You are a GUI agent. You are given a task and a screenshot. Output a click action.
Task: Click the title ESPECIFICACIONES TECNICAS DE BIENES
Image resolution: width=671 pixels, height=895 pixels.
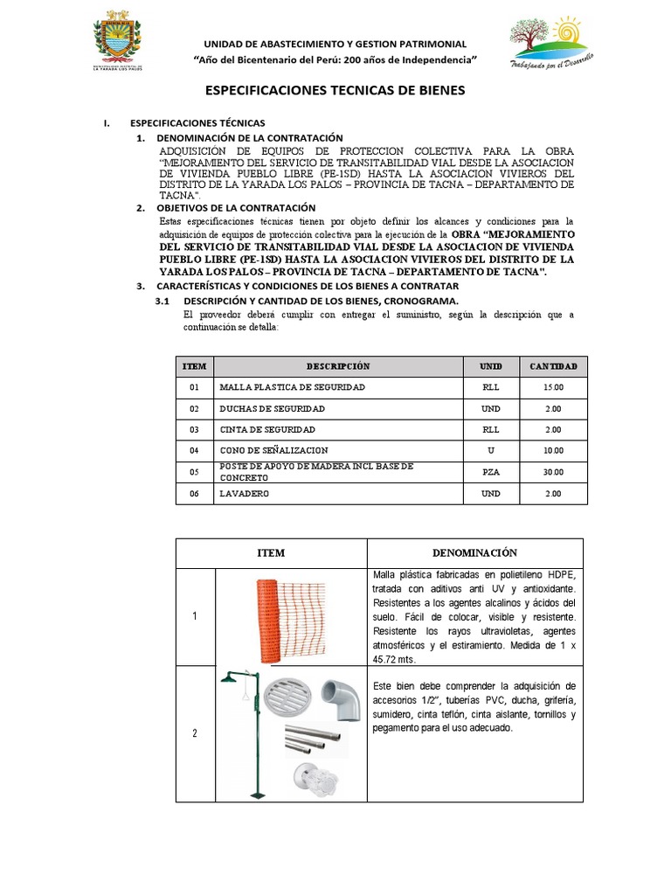pos(335,91)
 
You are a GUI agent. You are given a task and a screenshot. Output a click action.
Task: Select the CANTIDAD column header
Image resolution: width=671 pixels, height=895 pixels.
pos(553,366)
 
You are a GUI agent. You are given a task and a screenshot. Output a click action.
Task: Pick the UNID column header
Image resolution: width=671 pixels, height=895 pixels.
pos(490,366)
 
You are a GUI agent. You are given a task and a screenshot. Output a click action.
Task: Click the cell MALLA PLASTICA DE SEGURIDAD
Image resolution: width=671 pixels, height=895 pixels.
pos(293,387)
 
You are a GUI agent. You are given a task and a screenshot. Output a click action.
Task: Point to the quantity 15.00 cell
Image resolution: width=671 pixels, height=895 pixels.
pos(553,387)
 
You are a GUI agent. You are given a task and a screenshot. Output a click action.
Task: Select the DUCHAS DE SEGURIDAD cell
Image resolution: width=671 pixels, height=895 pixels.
pos(273,409)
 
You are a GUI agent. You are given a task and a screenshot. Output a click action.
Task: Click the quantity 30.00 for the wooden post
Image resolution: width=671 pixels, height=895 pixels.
pos(553,472)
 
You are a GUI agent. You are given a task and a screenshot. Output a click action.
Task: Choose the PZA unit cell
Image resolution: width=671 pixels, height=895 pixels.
pos(490,472)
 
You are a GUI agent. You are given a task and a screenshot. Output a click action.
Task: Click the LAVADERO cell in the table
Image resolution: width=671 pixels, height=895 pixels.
pos(246,494)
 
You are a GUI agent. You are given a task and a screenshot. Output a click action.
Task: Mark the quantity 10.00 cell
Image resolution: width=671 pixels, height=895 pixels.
pos(553,451)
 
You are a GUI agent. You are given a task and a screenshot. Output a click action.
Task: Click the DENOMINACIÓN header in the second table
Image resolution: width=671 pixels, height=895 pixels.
pos(474,552)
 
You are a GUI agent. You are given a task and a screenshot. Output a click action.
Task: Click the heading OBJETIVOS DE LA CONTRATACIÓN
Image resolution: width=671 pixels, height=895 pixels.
pos(235,208)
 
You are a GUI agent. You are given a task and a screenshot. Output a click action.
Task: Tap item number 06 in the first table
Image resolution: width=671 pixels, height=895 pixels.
pos(194,494)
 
